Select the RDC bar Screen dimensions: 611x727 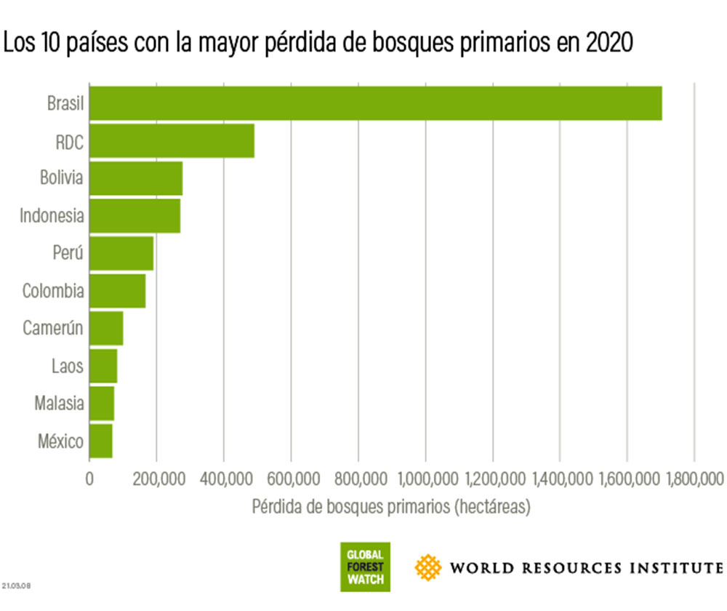tap(172, 141)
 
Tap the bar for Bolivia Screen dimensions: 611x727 tap(136, 179)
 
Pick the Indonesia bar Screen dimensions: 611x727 tap(134, 216)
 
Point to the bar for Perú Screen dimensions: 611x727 tap(121, 253)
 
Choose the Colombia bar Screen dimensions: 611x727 tap(117, 291)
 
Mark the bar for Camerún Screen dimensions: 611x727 tap(106, 328)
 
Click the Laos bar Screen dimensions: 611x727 tap(103, 366)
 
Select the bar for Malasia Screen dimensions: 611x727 tap(102, 403)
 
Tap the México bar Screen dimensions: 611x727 tap(101, 441)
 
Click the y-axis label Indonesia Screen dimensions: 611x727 tap(52, 216)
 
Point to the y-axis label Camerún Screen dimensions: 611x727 tap(52, 328)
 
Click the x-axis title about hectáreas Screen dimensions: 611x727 tap(391, 507)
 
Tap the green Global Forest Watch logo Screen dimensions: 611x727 tap(365, 567)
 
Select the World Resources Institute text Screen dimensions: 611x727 tap(586, 567)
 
